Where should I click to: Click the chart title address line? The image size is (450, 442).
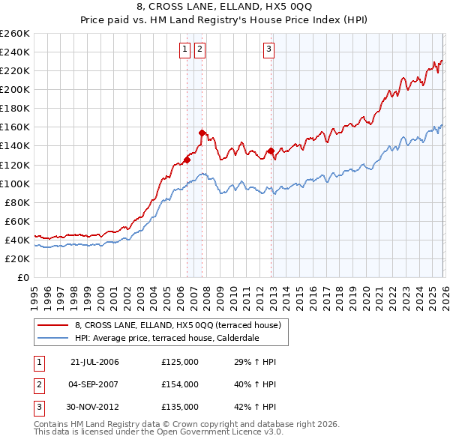[225, 7]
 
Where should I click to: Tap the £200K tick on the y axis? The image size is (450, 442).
[14, 89]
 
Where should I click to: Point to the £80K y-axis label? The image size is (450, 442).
[16, 202]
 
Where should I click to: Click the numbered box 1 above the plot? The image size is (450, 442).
[185, 50]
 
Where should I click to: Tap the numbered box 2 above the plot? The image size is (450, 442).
[200, 50]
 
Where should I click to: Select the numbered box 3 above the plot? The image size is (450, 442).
[268, 50]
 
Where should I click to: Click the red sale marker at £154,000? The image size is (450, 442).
[202, 133]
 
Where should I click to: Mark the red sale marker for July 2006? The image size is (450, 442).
[187, 160]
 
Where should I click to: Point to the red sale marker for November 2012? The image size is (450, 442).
[270, 151]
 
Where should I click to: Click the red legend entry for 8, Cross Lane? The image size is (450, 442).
[178, 325]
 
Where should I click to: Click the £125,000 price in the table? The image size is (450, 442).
[180, 362]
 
